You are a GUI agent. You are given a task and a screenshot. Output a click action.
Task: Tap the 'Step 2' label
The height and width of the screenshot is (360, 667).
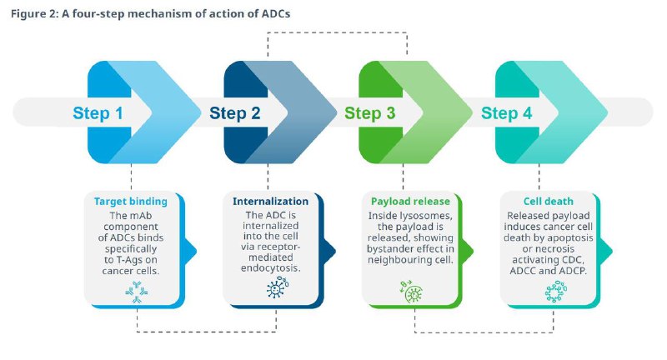point(234,113)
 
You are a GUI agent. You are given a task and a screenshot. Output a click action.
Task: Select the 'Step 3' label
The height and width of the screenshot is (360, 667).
point(370,113)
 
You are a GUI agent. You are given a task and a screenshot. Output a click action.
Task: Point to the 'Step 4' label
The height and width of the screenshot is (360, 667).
point(506,113)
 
